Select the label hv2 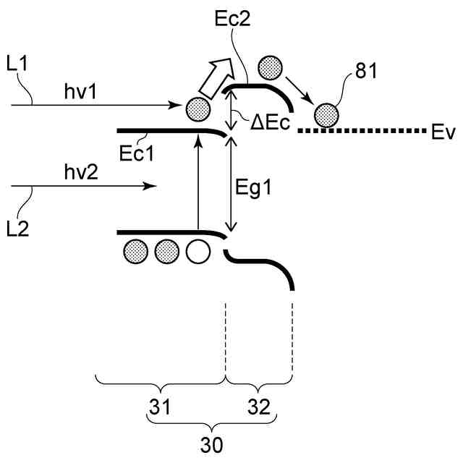coord(80,174)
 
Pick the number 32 coord(258,407)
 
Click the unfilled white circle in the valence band coord(197,251)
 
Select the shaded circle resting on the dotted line coord(326,114)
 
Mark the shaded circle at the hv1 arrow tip coord(197,109)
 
